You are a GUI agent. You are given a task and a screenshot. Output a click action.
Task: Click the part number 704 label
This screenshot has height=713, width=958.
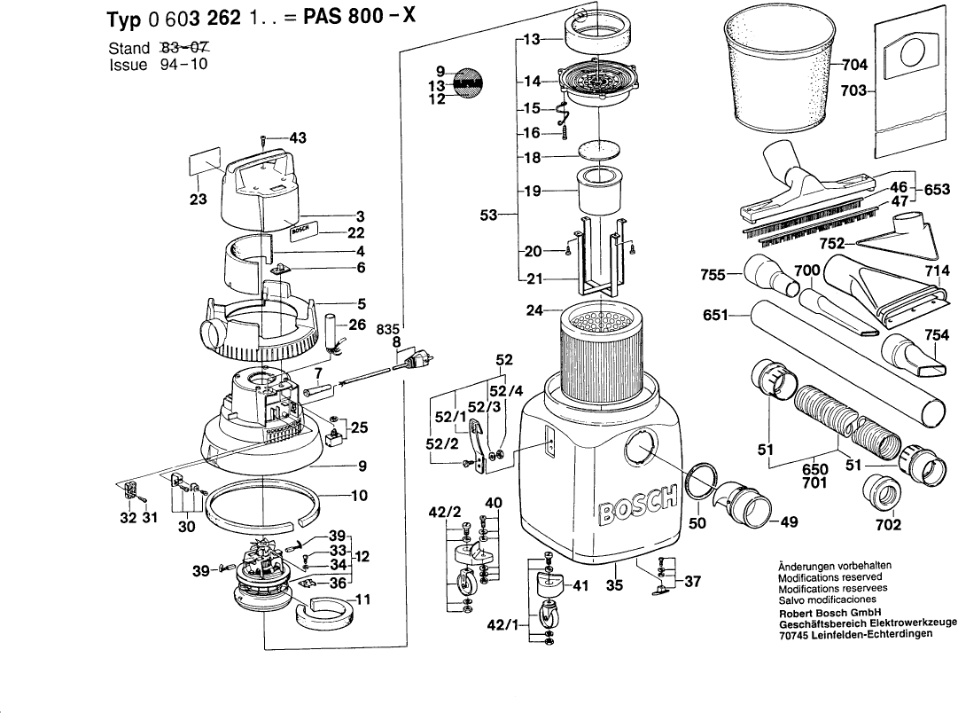(854, 65)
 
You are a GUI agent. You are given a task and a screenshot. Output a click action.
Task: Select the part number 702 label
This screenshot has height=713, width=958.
(888, 525)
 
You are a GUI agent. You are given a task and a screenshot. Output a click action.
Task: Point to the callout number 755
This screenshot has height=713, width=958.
(714, 276)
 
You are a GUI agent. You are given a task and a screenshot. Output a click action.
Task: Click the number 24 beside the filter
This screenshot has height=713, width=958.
(532, 310)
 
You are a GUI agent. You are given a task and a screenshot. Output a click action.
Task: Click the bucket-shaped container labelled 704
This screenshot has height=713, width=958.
(775, 80)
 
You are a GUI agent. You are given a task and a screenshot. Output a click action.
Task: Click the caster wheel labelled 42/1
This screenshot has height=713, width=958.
(542, 614)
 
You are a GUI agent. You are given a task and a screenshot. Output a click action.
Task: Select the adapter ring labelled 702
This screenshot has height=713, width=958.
(888, 491)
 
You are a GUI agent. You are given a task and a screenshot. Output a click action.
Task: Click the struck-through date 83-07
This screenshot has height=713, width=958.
(189, 48)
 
